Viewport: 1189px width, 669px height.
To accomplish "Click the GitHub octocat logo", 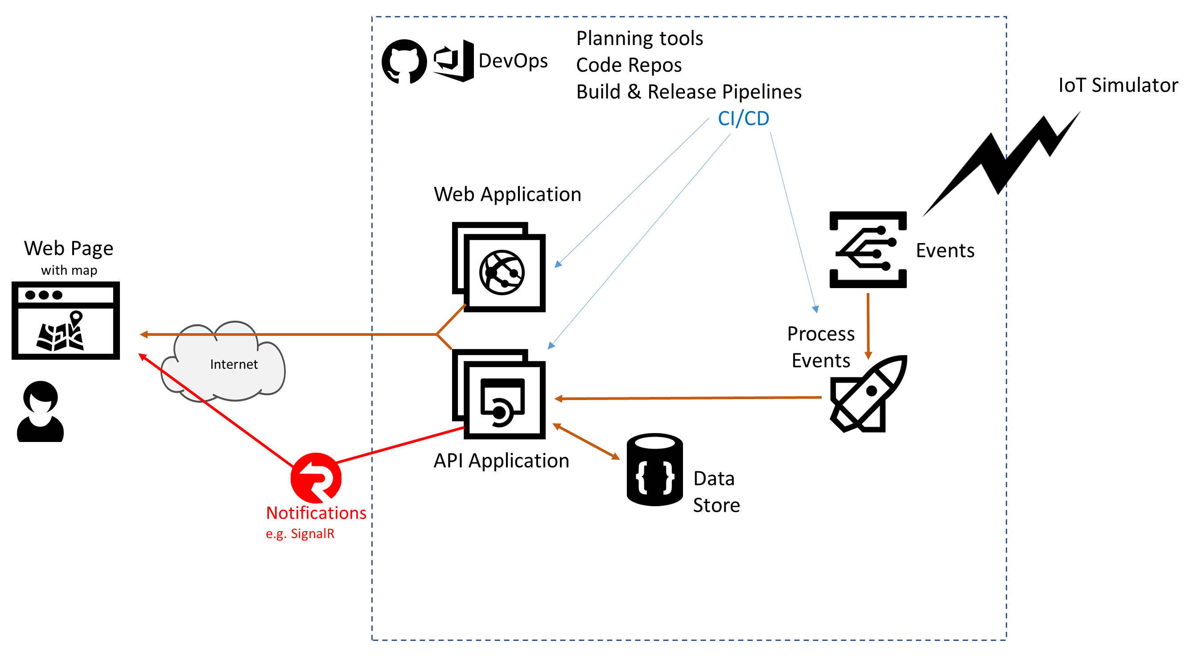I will (404, 62).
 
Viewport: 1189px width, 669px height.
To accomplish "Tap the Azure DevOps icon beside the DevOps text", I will (453, 61).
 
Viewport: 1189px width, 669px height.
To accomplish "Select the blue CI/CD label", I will (743, 119).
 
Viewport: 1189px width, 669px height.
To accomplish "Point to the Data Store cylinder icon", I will (654, 470).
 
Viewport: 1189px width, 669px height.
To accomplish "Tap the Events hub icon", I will (868, 250).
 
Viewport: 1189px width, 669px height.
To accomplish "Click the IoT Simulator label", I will (1118, 86).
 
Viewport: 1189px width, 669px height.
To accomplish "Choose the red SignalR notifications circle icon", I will (316, 478).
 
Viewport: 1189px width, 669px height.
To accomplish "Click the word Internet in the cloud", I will (234, 365).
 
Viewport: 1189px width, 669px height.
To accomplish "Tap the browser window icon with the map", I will (66, 320).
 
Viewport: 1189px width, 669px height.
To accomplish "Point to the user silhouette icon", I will (41, 412).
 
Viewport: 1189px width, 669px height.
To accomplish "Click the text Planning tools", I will (640, 38).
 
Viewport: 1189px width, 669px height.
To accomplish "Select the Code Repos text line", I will (629, 65).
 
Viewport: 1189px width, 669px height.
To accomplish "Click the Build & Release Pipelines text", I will (689, 92).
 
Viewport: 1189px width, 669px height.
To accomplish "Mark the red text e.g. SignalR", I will (300, 534).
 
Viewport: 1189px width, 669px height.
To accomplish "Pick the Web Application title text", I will (507, 194).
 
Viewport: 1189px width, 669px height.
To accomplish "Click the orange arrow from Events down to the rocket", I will (868, 326).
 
